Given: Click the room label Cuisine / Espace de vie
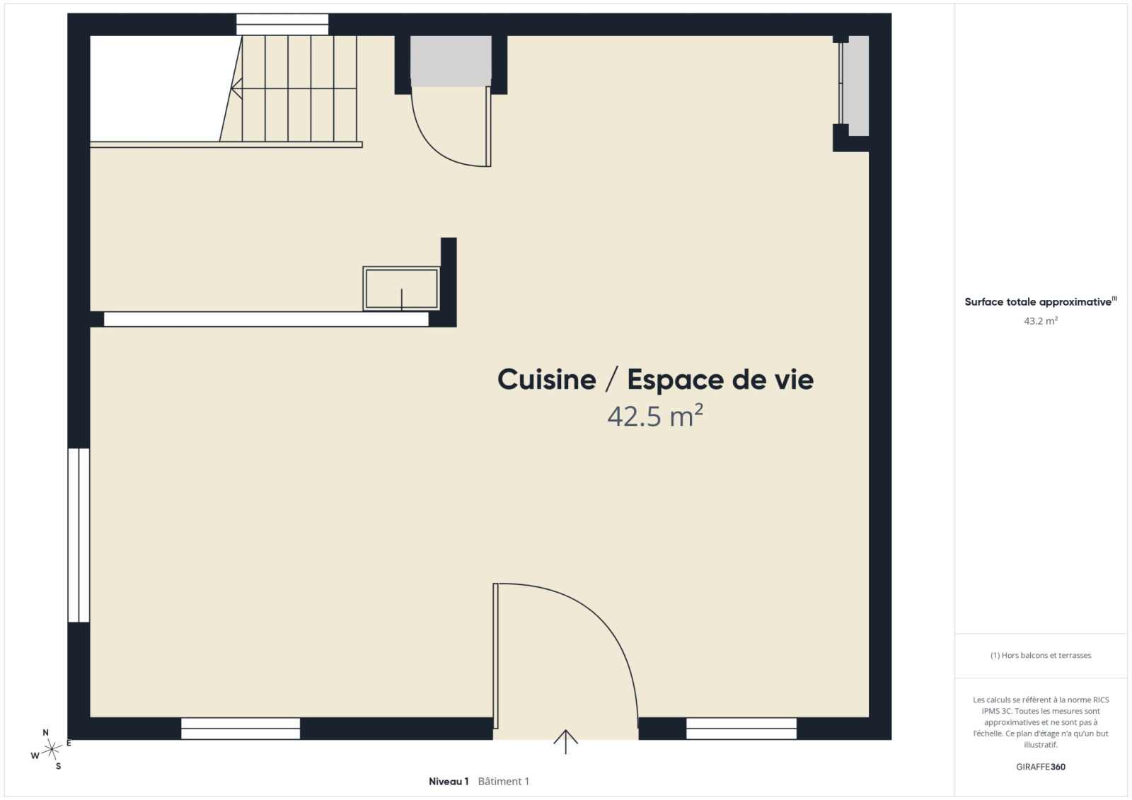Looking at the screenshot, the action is click(x=655, y=380).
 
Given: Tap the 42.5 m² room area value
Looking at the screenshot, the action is click(x=655, y=416).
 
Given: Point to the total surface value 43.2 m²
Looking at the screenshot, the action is click(x=1041, y=321).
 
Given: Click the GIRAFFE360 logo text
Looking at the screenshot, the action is click(x=1041, y=767).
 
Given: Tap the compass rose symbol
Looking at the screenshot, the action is click(x=51, y=750).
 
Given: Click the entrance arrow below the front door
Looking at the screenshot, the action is click(x=565, y=742).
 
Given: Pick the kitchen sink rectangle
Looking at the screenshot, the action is click(x=401, y=288).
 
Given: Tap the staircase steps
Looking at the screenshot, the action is click(x=289, y=88).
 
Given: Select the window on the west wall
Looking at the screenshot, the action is click(x=79, y=535).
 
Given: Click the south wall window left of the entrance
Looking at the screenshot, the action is click(x=241, y=729).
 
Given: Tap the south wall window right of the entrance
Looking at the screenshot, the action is click(x=741, y=729).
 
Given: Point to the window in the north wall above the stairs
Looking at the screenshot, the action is click(x=282, y=24).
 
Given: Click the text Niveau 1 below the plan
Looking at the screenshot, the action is click(x=449, y=782).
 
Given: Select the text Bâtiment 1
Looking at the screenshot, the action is click(x=503, y=782).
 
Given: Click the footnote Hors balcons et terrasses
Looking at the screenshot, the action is click(x=1041, y=655).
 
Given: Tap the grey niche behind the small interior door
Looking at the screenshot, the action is click(x=451, y=61).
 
